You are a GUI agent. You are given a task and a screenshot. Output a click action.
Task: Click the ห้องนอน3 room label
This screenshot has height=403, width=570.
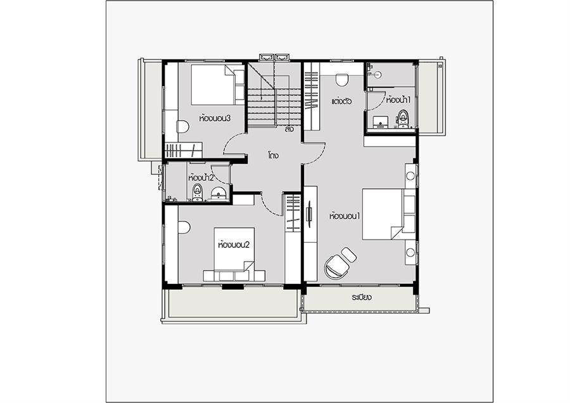pyautogui.click(x=215, y=118)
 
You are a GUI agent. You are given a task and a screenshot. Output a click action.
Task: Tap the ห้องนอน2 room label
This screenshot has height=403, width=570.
pyautogui.click(x=234, y=245)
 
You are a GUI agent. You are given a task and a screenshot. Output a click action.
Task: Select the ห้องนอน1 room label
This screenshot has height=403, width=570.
pyautogui.click(x=345, y=216)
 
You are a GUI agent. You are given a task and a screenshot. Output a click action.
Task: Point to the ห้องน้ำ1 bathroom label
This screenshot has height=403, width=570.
pyautogui.click(x=398, y=99)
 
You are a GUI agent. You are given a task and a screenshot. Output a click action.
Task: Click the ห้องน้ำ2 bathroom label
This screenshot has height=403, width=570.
pyautogui.click(x=201, y=178)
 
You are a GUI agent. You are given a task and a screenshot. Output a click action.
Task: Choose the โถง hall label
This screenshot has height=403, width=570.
pyautogui.click(x=274, y=156)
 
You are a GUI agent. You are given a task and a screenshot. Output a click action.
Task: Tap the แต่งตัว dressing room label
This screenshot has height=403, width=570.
pyautogui.click(x=341, y=101)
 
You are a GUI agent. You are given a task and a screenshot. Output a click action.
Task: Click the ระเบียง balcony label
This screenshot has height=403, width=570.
pyautogui.click(x=362, y=298)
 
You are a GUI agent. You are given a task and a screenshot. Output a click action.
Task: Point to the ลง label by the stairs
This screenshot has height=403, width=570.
pyautogui.click(x=289, y=129)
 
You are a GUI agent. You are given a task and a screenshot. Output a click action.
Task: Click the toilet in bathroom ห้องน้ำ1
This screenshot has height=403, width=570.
pyautogui.click(x=402, y=118)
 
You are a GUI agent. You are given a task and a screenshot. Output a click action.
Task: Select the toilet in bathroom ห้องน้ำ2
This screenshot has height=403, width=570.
pyautogui.click(x=198, y=193)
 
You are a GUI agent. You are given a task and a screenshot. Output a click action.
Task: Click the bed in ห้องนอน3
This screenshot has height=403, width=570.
pyautogui.click(x=218, y=85)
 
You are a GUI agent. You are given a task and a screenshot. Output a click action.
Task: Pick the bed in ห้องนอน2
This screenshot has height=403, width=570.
pyautogui.click(x=234, y=255)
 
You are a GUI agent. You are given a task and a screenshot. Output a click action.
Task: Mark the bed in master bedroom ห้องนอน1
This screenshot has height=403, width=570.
pyautogui.click(x=389, y=214)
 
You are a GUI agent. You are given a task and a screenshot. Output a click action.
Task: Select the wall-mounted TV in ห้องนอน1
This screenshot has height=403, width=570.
pyautogui.click(x=309, y=214)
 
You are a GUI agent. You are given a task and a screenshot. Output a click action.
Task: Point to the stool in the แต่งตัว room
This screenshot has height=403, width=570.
pyautogui.click(x=342, y=80)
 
